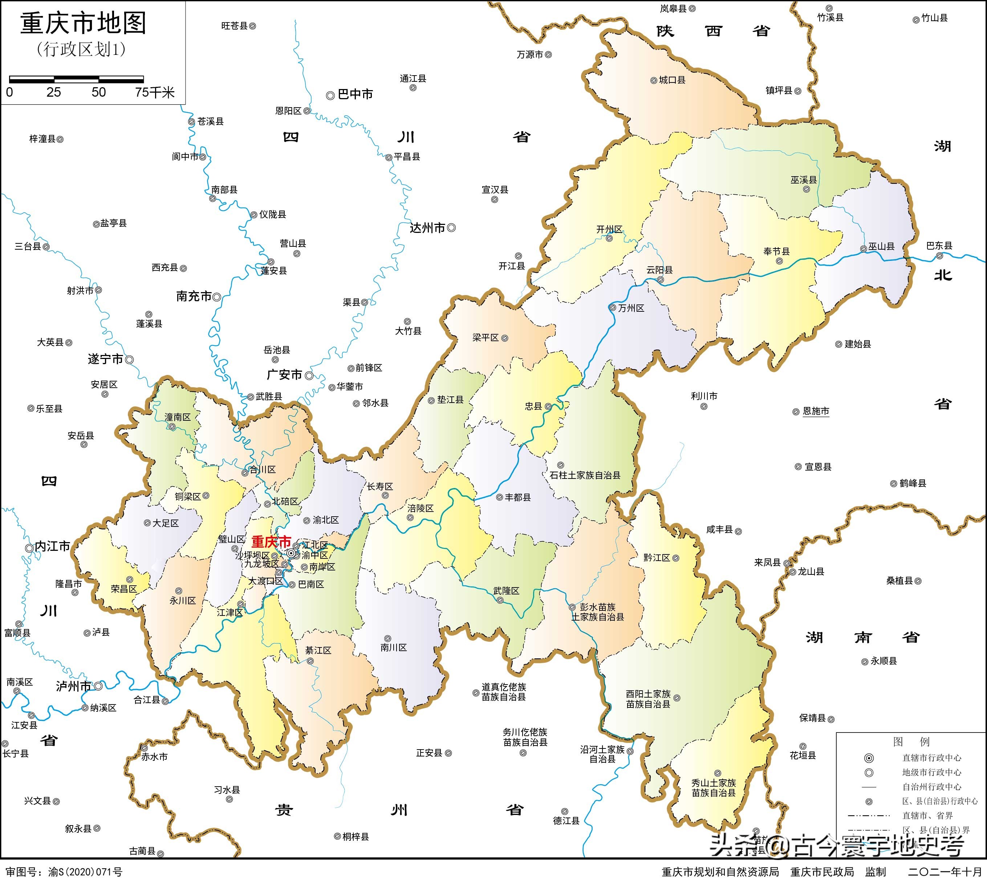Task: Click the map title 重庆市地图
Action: pos(83,24)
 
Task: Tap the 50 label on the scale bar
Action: pos(99,92)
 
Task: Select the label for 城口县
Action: pos(672,80)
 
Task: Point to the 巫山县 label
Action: pos(881,246)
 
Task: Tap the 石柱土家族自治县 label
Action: pos(585,475)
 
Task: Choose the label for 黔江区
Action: pos(657,557)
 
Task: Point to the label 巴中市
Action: pos(355,94)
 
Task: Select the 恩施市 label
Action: pos(816,411)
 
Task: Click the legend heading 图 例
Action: pos(911,742)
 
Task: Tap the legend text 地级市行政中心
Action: pos(931,772)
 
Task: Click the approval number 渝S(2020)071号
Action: pos(85,872)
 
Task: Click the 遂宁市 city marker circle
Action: pos(129,359)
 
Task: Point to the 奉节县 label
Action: pos(776,251)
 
